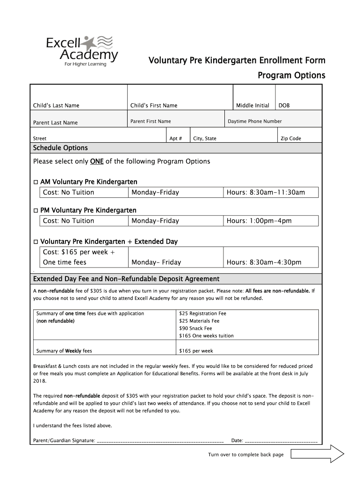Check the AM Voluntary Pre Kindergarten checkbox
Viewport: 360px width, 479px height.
point(36,182)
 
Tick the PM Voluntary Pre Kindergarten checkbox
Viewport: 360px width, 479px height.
point(36,210)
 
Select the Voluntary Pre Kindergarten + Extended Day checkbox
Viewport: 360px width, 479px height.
point(36,242)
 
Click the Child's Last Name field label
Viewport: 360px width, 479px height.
point(56,106)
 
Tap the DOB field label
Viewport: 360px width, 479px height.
point(284,106)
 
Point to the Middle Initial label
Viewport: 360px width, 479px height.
point(252,106)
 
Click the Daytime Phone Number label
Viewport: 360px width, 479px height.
point(254,122)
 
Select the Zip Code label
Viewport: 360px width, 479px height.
point(290,138)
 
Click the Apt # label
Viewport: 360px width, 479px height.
point(176,138)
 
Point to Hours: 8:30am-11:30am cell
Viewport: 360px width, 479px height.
point(266,192)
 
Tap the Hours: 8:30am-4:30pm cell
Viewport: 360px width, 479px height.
point(264,262)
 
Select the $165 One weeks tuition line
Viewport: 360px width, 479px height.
point(206,336)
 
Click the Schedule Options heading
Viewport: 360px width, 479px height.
point(60,148)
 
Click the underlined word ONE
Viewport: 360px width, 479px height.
point(97,161)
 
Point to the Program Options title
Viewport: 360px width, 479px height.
point(291,76)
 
